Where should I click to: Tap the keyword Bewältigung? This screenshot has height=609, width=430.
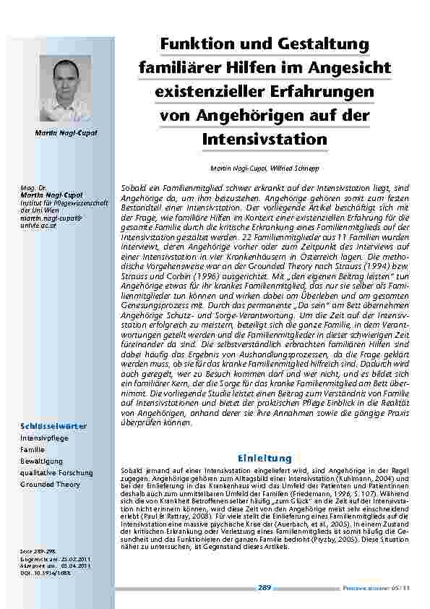point(42,461)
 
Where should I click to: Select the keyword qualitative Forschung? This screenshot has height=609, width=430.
point(56,473)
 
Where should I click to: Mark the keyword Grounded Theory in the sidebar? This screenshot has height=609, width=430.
point(50,485)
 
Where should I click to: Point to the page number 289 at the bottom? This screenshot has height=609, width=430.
point(264,588)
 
